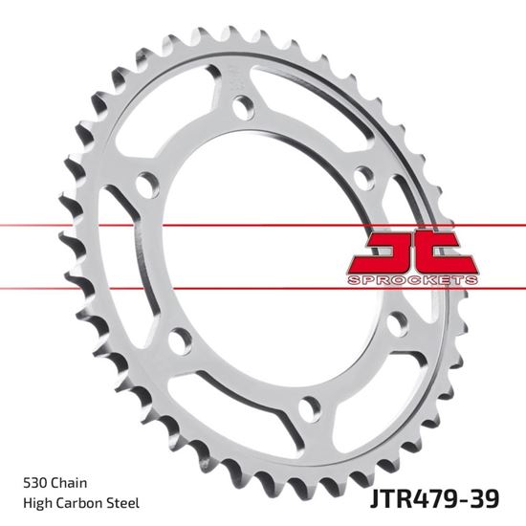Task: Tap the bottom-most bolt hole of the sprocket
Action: [307, 408]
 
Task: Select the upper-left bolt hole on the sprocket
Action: [148, 185]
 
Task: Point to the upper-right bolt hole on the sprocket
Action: [362, 178]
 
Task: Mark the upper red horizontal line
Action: [191, 227]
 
